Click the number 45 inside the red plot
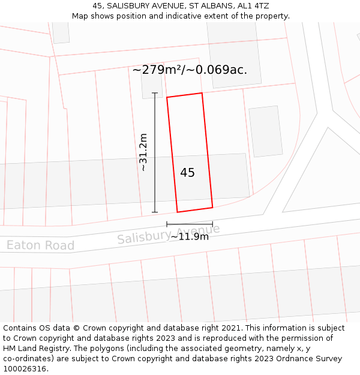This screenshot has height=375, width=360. (187, 173)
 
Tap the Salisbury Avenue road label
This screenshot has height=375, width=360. (169, 234)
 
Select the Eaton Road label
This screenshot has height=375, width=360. (40, 245)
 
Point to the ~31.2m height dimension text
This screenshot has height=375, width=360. (143, 152)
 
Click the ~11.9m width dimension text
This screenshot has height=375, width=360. (190, 236)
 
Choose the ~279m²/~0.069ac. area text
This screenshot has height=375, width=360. (190, 70)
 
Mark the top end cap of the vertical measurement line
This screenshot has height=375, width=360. (155, 93)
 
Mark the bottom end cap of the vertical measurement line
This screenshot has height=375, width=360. (155, 212)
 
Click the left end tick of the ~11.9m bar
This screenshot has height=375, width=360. (167, 224)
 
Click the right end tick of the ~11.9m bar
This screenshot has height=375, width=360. (212, 224)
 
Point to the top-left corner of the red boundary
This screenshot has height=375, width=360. (167, 97)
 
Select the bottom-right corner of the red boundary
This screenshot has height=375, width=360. (212, 208)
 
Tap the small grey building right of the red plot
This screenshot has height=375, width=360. (265, 131)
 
